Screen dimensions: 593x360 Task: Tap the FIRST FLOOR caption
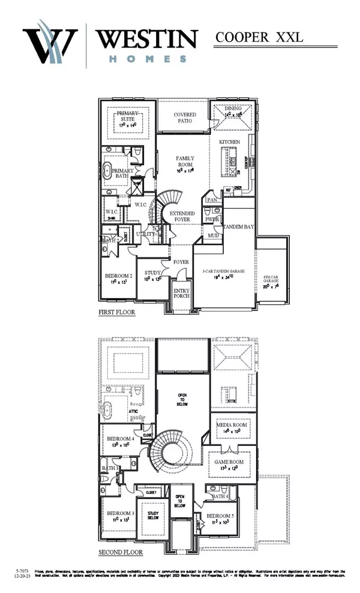(x=117, y=313)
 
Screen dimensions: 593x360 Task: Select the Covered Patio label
(x=186, y=117)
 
